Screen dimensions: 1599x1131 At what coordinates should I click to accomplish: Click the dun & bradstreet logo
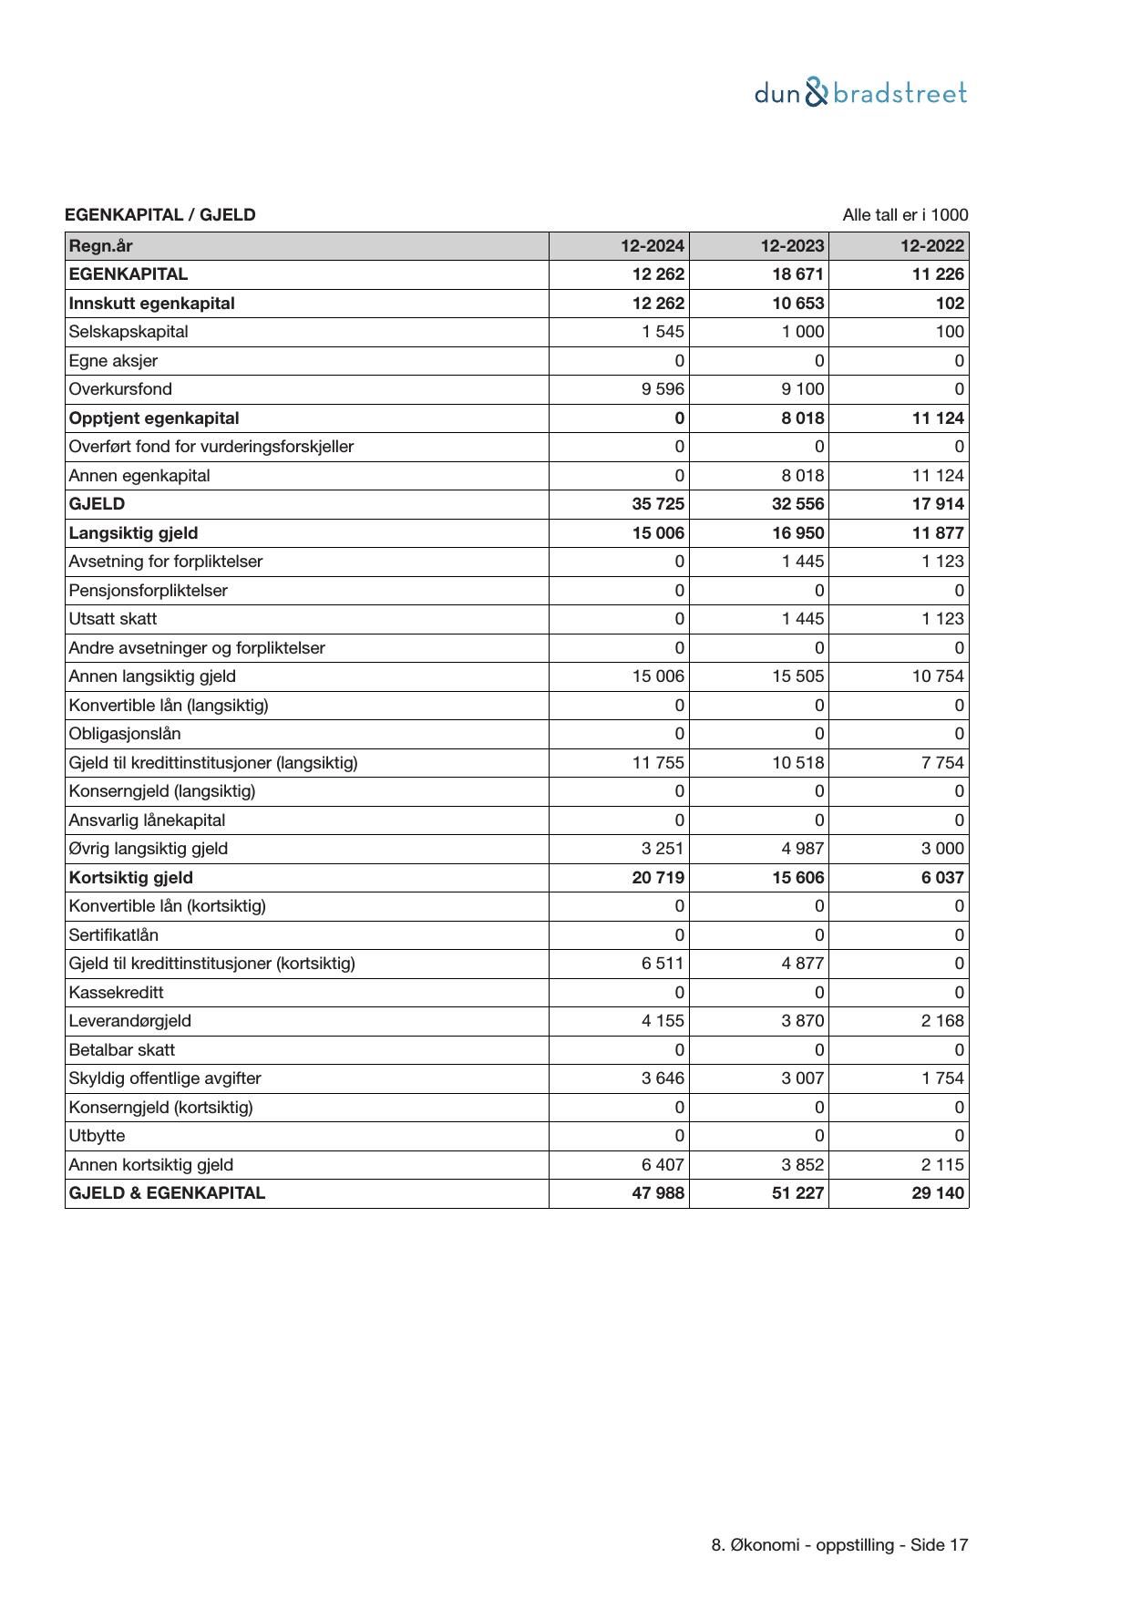pyautogui.click(x=860, y=93)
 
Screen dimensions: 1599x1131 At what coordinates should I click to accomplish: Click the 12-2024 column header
pyautogui.click(x=653, y=246)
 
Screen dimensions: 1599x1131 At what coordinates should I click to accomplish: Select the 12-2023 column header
pyautogui.click(x=793, y=246)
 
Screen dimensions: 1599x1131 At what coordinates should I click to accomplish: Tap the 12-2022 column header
pyautogui.click(x=932, y=246)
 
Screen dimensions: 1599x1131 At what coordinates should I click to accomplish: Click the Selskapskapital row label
pyautogui.click(x=129, y=332)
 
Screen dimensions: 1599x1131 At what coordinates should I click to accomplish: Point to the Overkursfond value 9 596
pyautogui.click(x=663, y=389)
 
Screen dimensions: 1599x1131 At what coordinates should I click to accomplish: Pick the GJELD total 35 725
pyautogui.click(x=658, y=504)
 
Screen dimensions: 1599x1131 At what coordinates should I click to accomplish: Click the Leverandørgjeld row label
pyautogui.click(x=130, y=1021)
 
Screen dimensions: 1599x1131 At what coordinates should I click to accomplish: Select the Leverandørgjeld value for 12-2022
pyautogui.click(x=941, y=1021)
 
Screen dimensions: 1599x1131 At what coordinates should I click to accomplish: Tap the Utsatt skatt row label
pyautogui.click(x=113, y=619)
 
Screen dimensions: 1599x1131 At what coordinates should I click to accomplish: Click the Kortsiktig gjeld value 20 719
pyautogui.click(x=658, y=878)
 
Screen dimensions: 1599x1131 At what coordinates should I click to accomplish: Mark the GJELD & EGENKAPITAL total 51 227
pyautogui.click(x=798, y=1193)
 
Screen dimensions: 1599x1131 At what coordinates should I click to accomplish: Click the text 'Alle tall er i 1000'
pyautogui.click(x=905, y=215)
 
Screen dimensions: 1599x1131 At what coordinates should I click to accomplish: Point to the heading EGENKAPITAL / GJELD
pyautogui.click(x=160, y=215)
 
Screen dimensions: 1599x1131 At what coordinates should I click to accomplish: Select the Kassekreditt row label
pyautogui.click(x=117, y=993)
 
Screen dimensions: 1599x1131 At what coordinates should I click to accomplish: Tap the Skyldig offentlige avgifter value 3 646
pyautogui.click(x=663, y=1078)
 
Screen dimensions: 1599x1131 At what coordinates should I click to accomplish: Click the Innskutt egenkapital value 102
pyautogui.click(x=950, y=304)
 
